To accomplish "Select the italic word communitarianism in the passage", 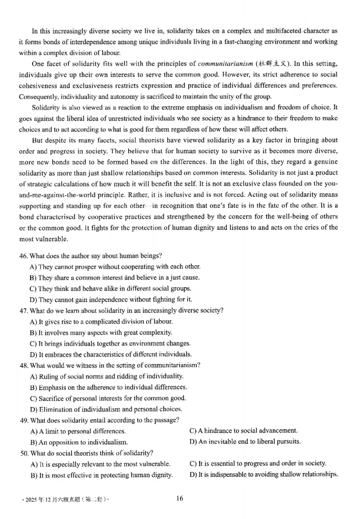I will click(221, 63).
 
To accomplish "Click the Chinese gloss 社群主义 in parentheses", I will click(269, 63).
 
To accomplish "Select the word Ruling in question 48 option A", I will click(48, 376).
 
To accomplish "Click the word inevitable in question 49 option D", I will click(225, 441).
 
